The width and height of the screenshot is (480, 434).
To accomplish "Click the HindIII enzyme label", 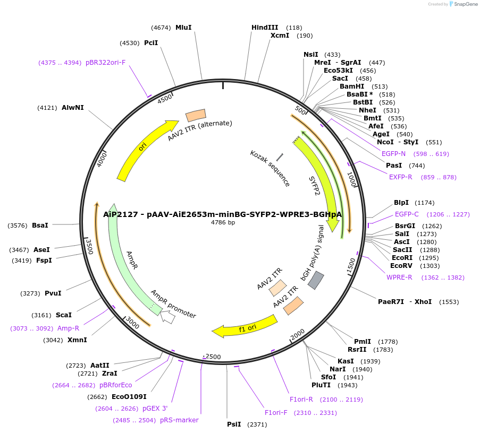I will pos(265,28).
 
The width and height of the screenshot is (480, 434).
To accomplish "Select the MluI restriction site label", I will pos(183,28).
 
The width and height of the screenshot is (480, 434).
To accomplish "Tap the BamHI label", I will pos(352,86).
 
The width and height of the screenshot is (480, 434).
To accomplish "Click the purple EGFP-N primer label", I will pos(393,154).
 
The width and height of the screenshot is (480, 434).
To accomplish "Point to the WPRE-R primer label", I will pos(399,277).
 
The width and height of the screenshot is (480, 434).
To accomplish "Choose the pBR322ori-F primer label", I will pos(105,63).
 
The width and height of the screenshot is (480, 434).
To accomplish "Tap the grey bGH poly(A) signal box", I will pos(316,280).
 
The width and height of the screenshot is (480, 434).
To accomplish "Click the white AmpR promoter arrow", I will pos(167,317).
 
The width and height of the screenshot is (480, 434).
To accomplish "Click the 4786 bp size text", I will pos(223,223).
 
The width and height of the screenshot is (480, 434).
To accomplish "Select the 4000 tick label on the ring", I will pos(102,159).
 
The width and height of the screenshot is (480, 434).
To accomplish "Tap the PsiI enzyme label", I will pos(234,424).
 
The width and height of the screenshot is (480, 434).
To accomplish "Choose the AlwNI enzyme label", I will pos(73,108).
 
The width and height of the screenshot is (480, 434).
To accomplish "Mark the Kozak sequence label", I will pos(270,168).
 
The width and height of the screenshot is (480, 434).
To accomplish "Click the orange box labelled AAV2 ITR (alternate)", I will pos(196,115).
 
